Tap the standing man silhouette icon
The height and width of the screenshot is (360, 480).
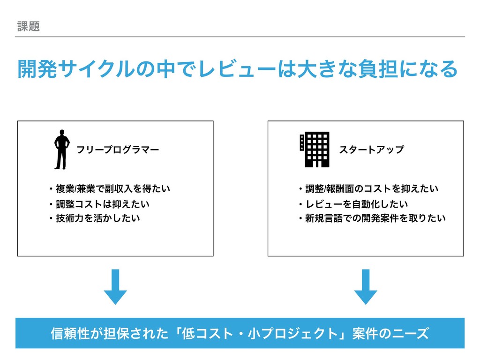click(x=61, y=149)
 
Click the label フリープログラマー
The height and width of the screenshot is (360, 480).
click(x=118, y=150)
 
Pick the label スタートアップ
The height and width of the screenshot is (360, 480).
click(x=371, y=150)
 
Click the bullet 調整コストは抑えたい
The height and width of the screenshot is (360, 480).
click(x=98, y=204)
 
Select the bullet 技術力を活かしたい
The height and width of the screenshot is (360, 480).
click(x=94, y=218)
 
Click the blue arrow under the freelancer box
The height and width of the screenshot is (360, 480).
click(x=115, y=286)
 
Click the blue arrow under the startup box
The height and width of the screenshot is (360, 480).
click(x=366, y=286)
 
